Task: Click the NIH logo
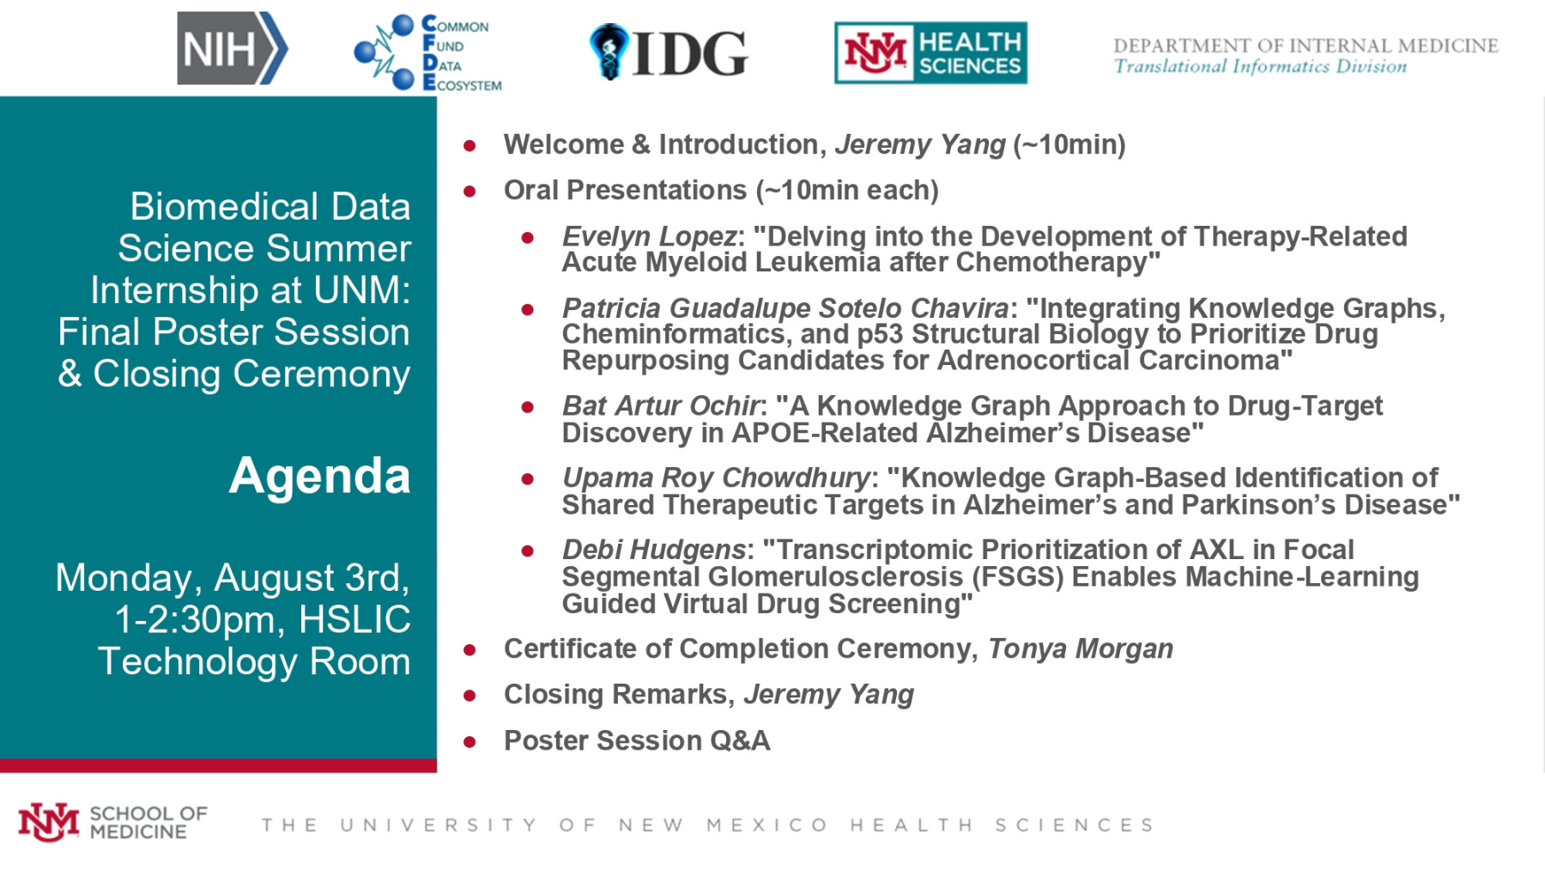(x=232, y=48)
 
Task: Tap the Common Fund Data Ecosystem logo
(x=427, y=53)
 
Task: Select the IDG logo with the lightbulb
(x=669, y=52)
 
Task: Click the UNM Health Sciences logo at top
(x=930, y=52)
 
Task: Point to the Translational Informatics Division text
(x=1260, y=66)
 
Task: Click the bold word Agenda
(x=319, y=476)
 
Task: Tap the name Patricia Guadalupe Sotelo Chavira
(x=785, y=307)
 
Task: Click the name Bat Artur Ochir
(x=661, y=405)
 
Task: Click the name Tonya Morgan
(x=1081, y=648)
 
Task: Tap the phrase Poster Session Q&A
(x=637, y=740)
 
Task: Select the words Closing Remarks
(x=615, y=694)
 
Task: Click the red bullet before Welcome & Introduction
(x=470, y=146)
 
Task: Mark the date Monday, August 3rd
(x=233, y=578)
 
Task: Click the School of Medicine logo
(x=112, y=822)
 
